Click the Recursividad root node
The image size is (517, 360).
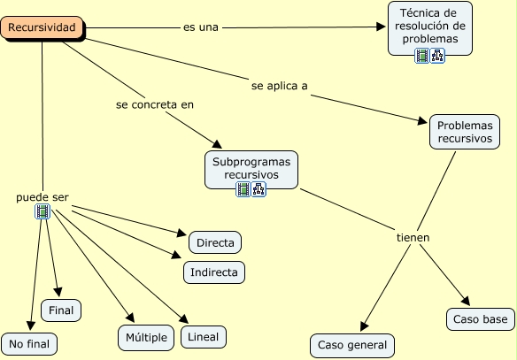[43, 28]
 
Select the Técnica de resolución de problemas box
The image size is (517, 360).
[430, 27]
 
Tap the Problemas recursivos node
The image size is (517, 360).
[465, 132]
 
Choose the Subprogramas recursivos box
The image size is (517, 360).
[251, 168]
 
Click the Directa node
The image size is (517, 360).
[215, 241]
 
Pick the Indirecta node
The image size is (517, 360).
[214, 272]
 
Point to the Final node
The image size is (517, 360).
[61, 310]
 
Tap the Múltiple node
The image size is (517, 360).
[146, 337]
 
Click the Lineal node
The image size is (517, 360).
[203, 336]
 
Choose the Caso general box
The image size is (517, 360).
[352, 345]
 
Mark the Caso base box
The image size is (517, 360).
[480, 318]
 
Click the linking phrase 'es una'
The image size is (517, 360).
[200, 27]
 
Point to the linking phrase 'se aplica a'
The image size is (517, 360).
[279, 86]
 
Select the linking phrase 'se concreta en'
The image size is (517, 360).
[154, 104]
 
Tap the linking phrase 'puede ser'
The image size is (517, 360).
[42, 196]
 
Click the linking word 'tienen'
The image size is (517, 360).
[413, 238]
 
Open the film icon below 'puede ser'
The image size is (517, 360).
[42, 211]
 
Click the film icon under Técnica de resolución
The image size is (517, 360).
[422, 56]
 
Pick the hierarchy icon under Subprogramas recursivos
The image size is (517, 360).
[258, 189]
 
